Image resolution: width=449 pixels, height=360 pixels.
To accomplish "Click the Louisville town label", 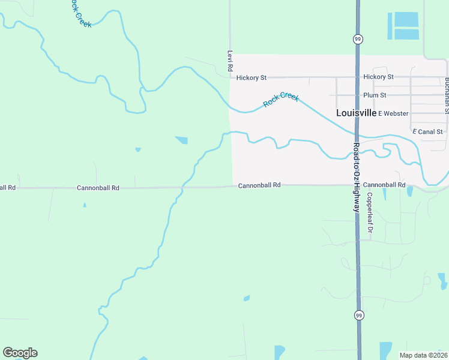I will (356, 113).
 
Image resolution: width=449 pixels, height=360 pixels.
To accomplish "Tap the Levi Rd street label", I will (229, 62).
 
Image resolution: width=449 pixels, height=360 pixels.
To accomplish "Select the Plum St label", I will (375, 95).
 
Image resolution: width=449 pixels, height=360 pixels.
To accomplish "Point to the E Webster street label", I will (393, 113).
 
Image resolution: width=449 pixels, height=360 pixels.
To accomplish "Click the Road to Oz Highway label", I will (356, 178).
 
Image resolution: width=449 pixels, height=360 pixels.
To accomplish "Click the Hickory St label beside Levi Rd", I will (251, 77).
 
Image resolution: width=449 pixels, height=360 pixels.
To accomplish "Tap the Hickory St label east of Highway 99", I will (378, 77).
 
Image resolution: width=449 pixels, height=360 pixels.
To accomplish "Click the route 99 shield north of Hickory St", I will (358, 39).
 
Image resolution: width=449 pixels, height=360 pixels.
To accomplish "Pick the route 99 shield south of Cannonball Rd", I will (359, 315).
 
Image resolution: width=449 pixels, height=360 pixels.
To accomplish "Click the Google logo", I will (20, 353).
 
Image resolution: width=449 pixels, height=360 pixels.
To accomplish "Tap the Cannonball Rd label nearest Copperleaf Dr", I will (384, 185).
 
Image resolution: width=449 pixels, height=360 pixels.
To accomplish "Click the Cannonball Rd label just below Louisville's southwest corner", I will (259, 185).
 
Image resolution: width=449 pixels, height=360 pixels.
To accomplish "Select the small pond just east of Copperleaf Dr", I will (410, 191).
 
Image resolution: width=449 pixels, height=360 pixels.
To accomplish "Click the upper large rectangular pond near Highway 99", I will (406, 19).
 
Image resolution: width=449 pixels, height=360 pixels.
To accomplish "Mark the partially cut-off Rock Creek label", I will (79, 13).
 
